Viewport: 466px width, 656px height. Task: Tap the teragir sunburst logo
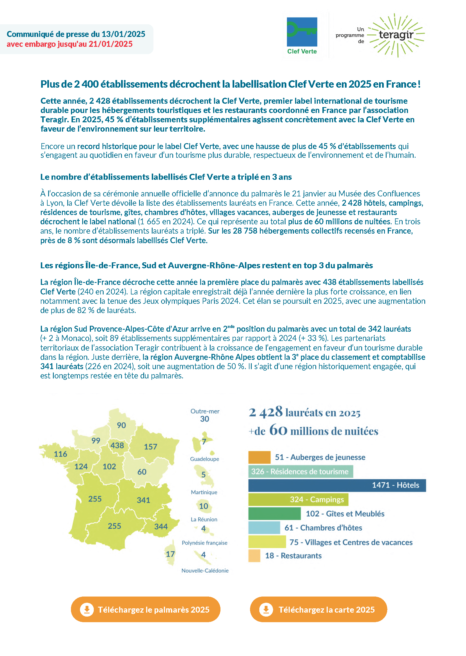396,35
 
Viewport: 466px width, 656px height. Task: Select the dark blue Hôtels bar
337,485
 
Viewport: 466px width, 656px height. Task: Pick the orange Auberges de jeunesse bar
259,457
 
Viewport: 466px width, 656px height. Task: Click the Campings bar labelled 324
298,500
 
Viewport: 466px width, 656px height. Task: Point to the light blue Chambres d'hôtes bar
264,528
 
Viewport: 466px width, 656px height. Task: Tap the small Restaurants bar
254,555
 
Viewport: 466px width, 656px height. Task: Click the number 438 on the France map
117,445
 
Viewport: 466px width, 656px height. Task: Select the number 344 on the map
161,527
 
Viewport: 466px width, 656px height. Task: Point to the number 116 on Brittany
60,454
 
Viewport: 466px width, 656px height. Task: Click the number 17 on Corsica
170,554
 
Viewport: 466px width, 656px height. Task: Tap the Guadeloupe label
204,459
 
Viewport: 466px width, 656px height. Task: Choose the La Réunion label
204,519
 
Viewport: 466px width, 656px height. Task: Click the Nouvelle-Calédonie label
205,570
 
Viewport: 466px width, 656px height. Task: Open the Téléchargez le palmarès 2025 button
146,609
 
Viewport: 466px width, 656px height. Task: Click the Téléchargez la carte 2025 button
318,609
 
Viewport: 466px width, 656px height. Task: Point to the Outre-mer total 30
205,419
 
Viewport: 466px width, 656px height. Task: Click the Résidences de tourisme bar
300,471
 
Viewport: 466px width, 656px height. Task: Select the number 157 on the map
150,447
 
